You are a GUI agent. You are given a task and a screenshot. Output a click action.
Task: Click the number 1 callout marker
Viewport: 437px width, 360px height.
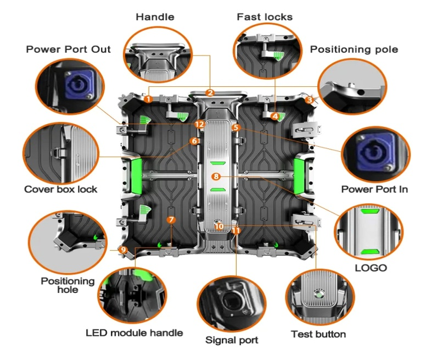coord(148,99)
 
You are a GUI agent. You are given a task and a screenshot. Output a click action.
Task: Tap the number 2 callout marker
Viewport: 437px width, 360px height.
coord(210,92)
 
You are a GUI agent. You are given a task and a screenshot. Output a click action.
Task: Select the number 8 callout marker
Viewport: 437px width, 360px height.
coord(216,176)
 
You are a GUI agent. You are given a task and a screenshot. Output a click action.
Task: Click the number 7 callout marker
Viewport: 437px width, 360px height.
coord(171,219)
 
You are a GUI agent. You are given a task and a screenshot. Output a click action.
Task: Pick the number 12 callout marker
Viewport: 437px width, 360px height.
coord(199,125)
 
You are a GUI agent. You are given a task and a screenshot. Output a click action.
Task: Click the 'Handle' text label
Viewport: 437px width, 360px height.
coord(155,17)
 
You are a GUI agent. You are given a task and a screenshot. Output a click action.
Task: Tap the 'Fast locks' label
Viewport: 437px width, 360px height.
coord(265,17)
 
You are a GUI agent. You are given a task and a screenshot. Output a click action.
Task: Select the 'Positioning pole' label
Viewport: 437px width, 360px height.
coord(354,49)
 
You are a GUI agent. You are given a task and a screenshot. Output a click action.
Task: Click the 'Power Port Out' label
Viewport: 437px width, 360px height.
coord(68,49)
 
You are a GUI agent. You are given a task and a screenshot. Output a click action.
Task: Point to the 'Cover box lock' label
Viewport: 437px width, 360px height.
coord(60,190)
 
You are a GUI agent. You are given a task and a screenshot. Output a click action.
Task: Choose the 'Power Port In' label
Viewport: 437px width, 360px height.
coord(374,190)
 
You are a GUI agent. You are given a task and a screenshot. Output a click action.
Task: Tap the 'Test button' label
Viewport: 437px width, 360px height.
coord(318,334)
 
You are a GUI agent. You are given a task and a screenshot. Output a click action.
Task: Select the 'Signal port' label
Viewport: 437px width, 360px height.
coord(232,340)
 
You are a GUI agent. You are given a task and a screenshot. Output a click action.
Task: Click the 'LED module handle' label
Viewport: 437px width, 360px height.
coord(135,333)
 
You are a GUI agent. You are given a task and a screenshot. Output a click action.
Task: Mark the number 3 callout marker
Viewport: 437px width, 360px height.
coord(310,100)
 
